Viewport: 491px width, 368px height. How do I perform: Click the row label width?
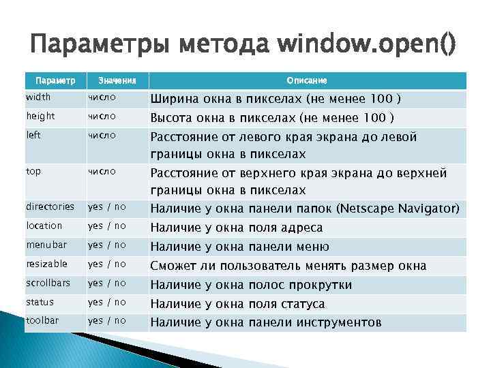pos(38,97)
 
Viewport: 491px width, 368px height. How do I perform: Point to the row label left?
pos(33,135)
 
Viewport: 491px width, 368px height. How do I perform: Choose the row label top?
pos(33,171)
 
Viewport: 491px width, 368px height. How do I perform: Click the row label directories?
pos(50,206)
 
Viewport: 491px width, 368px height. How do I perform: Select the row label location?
pos(44,226)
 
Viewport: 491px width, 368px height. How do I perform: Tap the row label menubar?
pos(46,245)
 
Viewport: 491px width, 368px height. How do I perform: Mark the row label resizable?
pos(47,264)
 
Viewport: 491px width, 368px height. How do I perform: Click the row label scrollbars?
pos(48,283)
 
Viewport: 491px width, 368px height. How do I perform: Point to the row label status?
pos(40,302)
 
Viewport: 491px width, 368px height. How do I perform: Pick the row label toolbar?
pos(42,320)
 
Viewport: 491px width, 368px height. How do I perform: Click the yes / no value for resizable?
pos(107,264)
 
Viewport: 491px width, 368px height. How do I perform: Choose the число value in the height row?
pos(102,117)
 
